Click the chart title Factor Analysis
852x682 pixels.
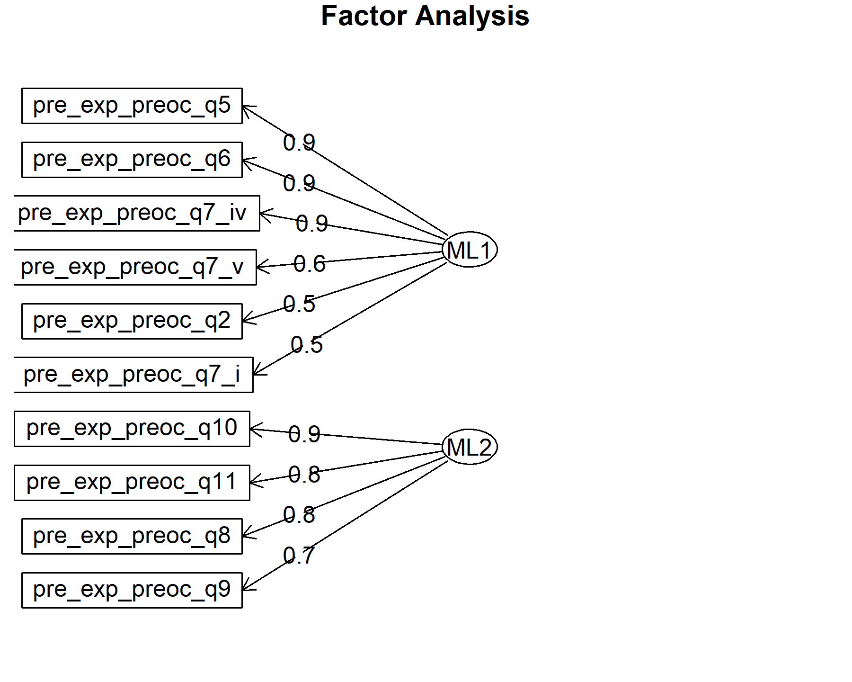pos(425,16)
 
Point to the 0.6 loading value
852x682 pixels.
pos(310,264)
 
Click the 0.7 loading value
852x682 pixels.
pos(299,556)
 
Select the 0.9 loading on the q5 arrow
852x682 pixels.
pos(299,143)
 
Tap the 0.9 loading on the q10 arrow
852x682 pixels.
pos(304,434)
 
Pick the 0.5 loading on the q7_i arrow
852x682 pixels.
pos(307,345)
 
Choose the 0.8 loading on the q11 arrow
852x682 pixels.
pos(304,475)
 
